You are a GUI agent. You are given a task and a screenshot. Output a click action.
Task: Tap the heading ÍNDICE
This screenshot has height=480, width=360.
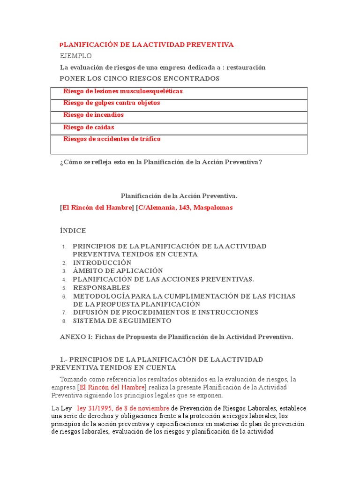point(73,231)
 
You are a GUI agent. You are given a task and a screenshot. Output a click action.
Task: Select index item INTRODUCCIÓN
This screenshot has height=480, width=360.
point(102,262)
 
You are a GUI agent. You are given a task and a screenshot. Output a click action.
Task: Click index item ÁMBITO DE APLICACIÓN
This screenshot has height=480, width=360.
point(118,271)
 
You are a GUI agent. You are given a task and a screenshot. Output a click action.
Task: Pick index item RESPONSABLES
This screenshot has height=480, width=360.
point(101,288)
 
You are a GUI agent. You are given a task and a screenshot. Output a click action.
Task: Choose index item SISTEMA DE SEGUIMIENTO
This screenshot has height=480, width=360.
point(122,321)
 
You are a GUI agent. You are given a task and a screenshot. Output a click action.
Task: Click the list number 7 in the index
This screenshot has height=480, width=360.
point(65,313)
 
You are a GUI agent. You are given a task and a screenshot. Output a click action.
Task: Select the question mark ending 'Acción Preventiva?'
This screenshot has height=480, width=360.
point(260,162)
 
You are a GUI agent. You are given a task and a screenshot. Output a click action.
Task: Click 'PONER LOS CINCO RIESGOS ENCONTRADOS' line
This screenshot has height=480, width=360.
point(140,78)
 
